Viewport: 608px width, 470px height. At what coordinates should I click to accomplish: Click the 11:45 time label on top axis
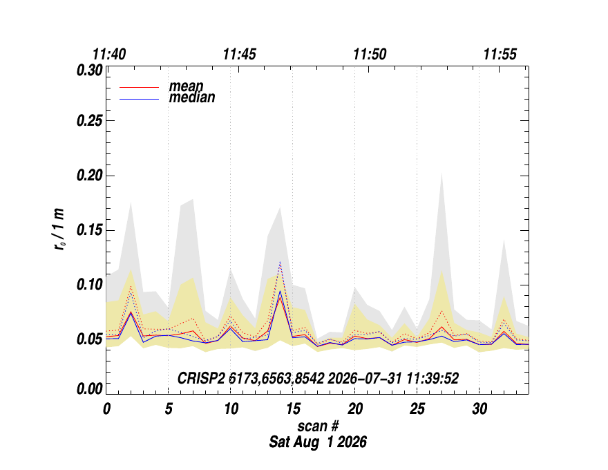tap(239, 54)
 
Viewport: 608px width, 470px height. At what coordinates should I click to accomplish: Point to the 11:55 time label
tap(500, 54)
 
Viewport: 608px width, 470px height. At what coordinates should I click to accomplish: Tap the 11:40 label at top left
tap(109, 54)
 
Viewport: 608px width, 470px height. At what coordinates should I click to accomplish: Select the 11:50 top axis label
tap(370, 54)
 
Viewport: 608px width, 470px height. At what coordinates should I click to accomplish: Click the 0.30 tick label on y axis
tap(90, 70)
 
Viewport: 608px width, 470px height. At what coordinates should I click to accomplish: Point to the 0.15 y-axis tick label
tap(90, 230)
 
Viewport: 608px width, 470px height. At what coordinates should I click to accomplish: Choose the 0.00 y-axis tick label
tap(90, 388)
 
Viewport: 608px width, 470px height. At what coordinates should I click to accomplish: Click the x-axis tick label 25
tap(417, 408)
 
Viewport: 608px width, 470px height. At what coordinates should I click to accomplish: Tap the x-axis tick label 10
tap(231, 408)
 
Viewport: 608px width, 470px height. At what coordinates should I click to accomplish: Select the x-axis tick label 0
tap(106, 408)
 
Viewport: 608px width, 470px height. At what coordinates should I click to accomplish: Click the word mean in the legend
tap(186, 86)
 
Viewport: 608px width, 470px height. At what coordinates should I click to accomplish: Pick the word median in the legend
tap(192, 97)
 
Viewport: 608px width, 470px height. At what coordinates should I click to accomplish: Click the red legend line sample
tap(139, 88)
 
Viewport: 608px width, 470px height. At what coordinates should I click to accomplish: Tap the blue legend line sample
tap(139, 100)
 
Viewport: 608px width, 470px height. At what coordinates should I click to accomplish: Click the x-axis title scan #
tap(318, 426)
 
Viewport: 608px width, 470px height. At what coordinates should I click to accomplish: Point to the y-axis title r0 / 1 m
tap(59, 229)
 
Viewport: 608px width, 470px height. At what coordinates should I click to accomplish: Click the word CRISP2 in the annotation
tap(201, 378)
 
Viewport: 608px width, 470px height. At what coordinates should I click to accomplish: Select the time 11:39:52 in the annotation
tap(433, 378)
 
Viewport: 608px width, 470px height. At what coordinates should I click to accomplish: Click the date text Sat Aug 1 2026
tap(318, 442)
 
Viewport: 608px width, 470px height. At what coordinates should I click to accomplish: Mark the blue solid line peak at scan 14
tap(280, 291)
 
